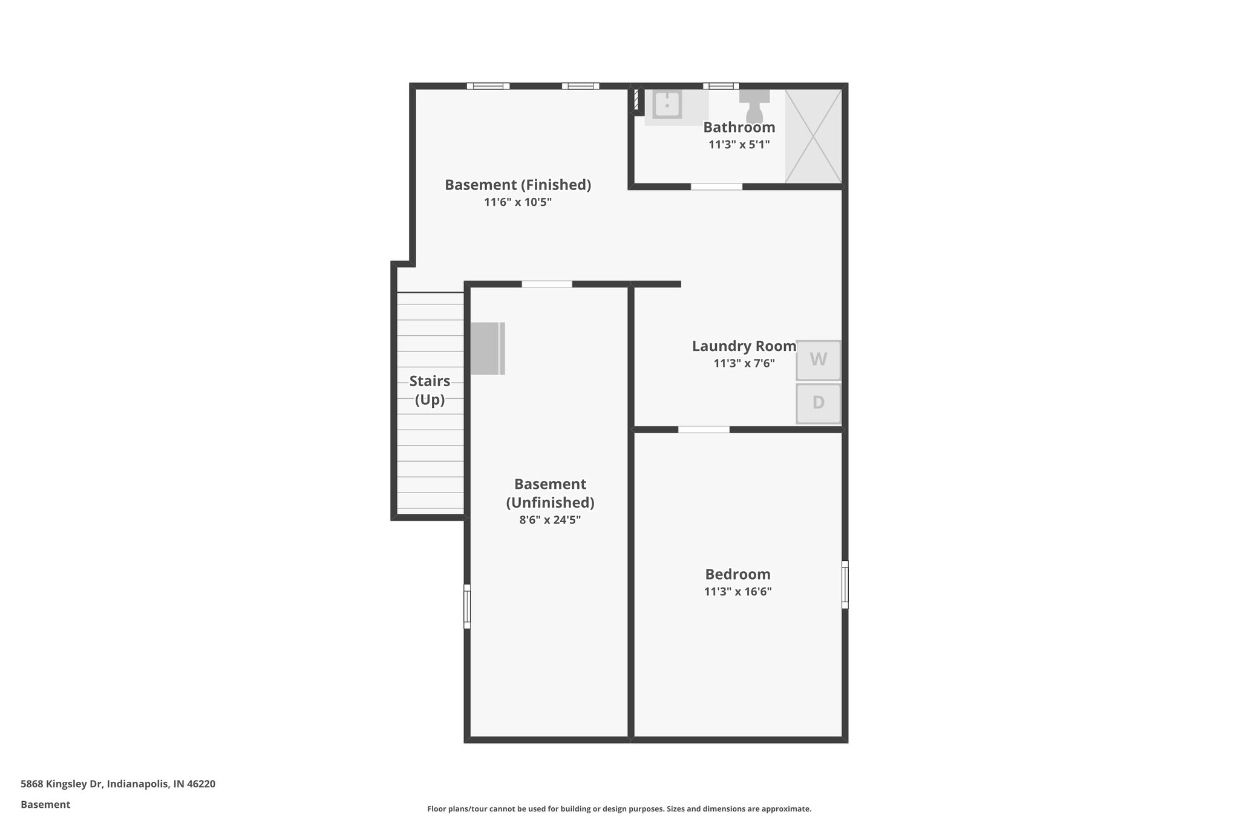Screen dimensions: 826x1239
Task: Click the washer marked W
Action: tap(818, 360)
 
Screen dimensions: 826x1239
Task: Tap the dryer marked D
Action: tap(818, 403)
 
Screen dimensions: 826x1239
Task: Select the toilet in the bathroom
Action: tap(754, 107)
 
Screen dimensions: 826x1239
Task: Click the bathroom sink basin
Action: tap(667, 105)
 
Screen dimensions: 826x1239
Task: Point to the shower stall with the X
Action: tap(813, 136)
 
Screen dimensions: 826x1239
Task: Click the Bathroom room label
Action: tap(739, 128)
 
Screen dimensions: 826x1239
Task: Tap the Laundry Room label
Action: tap(744, 346)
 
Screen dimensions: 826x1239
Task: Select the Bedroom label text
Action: tap(737, 574)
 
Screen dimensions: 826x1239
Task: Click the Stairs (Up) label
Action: tap(430, 390)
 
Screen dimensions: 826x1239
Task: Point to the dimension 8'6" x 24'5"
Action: tap(550, 520)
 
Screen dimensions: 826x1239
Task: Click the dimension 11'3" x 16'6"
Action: tap(737, 592)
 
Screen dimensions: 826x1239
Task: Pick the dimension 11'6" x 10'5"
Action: tap(518, 202)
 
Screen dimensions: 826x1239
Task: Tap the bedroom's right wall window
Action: tap(845, 585)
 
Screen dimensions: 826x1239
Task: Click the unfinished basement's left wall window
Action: tap(467, 606)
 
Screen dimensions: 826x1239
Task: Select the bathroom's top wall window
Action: tap(721, 86)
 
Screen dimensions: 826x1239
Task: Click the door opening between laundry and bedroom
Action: tap(704, 430)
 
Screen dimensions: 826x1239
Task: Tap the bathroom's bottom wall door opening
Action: tap(716, 187)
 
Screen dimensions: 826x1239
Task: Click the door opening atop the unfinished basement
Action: tap(547, 284)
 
